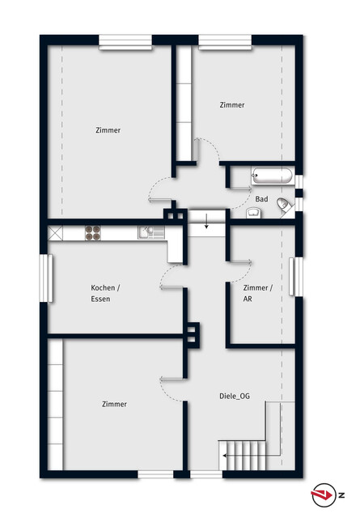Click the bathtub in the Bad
pyautogui.click(x=272, y=176)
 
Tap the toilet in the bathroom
pyautogui.click(x=283, y=205)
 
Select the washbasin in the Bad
pyautogui.click(x=254, y=213)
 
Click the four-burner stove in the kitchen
pyautogui.click(x=93, y=232)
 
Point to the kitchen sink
pyautogui.click(x=151, y=232)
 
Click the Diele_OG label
pyautogui.click(x=235, y=396)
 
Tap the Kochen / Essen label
pyautogui.click(x=105, y=293)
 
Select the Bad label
pyautogui.click(x=261, y=199)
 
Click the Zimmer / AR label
pyautogui.click(x=257, y=293)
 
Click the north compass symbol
pyautogui.click(x=324, y=495)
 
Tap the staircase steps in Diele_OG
pyautogui.click(x=243, y=456)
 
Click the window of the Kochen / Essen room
pyautogui.click(x=46, y=278)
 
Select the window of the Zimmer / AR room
pyautogui.click(x=296, y=277)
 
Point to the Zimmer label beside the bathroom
pyautogui.click(x=232, y=105)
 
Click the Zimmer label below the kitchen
pyautogui.click(x=114, y=404)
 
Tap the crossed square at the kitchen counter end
pyautogui.click(x=55, y=233)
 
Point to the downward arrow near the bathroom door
pyautogui.click(x=206, y=221)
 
